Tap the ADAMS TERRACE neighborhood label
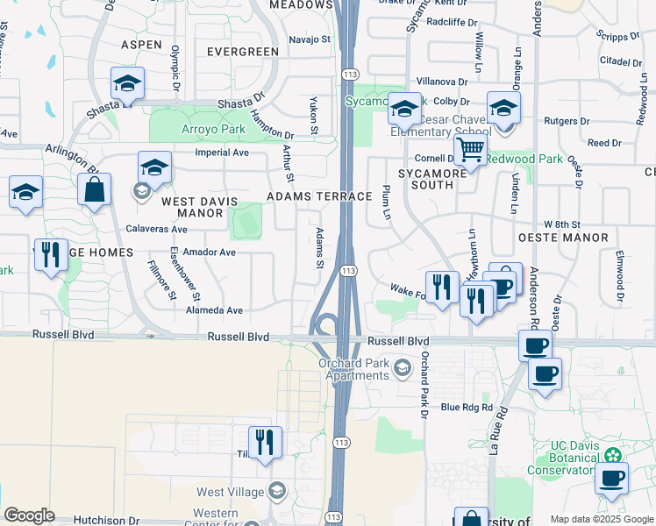coord(320,196)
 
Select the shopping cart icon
coord(471,151)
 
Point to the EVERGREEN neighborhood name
coord(243,52)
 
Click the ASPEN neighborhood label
coord(141,44)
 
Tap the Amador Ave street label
coord(209,252)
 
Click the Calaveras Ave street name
coord(155,229)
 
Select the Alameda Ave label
coord(214,310)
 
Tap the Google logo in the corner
coord(29,515)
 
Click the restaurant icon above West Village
coord(264,442)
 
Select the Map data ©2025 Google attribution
coord(601,519)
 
